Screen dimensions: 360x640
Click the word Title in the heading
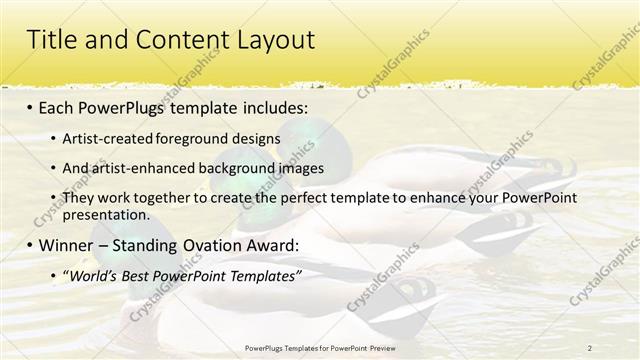pyautogui.click(x=51, y=40)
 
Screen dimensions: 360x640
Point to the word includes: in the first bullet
pyautogui.click(x=268, y=107)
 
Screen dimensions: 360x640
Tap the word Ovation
pyautogui.click(x=222, y=245)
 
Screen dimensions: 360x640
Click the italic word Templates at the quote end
pyautogui.click(x=264, y=275)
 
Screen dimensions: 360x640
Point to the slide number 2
pyautogui.click(x=589, y=347)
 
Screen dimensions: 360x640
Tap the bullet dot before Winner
pyautogui.click(x=29, y=245)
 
